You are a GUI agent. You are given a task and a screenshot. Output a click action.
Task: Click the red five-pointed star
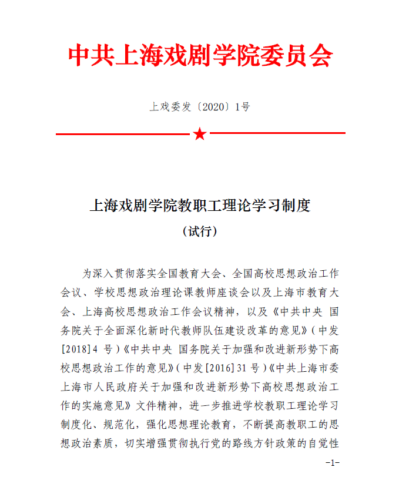(200, 135)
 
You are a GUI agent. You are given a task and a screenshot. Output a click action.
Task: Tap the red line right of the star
(277, 134)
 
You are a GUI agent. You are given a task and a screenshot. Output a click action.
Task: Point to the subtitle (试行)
(200, 231)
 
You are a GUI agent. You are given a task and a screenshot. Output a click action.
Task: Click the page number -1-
(333, 463)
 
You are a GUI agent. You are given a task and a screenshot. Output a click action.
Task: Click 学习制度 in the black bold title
(281, 206)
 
